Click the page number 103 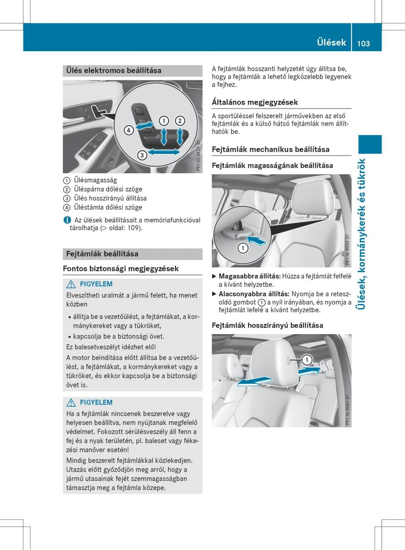click(361, 43)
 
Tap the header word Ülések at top click(331, 43)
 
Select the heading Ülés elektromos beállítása click(114, 71)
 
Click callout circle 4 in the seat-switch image click(128, 130)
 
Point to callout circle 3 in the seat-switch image click(142, 155)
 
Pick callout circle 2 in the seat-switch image click(180, 121)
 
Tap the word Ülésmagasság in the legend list click(95, 180)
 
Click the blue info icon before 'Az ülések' click(66, 220)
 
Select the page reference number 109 click(133, 228)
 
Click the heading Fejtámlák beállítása click(102, 253)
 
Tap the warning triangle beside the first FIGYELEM click(71, 284)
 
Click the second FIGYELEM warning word click(96, 402)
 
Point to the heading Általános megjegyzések click(255, 102)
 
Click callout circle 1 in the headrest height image click(242, 248)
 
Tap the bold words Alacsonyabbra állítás click(254, 294)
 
